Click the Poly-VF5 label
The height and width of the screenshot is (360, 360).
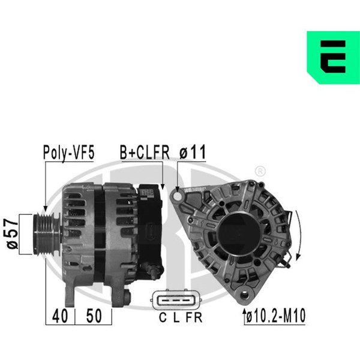click(x=68, y=153)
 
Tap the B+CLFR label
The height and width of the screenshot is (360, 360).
click(x=145, y=152)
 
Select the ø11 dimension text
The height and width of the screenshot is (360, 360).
click(x=193, y=152)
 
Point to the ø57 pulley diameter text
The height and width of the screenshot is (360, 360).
click(x=12, y=234)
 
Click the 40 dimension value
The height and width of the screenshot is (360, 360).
click(x=60, y=316)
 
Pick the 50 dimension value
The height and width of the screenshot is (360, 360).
click(x=94, y=316)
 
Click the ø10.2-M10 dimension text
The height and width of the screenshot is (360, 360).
click(x=276, y=316)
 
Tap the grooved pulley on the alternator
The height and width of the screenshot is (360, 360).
click(x=47, y=234)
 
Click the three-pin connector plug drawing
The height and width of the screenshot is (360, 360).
click(x=176, y=300)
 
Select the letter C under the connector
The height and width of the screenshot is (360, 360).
click(x=163, y=318)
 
